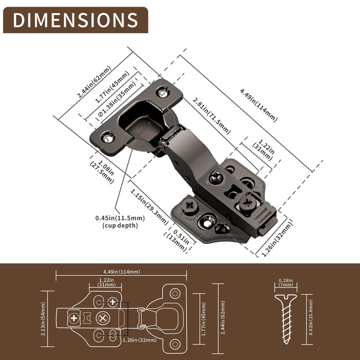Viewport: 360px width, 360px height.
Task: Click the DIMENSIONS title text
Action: coord(75,20)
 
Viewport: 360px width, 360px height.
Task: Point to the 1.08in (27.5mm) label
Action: coord(102,171)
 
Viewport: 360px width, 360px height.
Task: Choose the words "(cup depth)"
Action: coord(120,225)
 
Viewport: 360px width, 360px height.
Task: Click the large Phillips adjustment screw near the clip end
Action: coord(247,201)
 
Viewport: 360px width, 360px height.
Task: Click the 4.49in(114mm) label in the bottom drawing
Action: coord(121,271)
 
